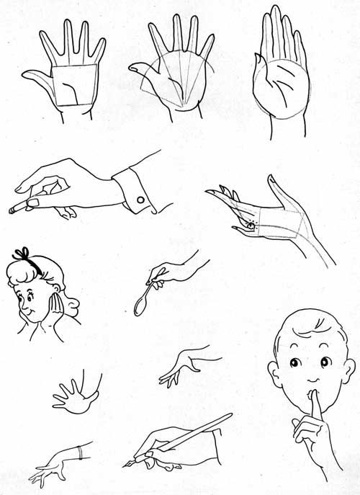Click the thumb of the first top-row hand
coord(36,75)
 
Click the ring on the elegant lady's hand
coord(249,224)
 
